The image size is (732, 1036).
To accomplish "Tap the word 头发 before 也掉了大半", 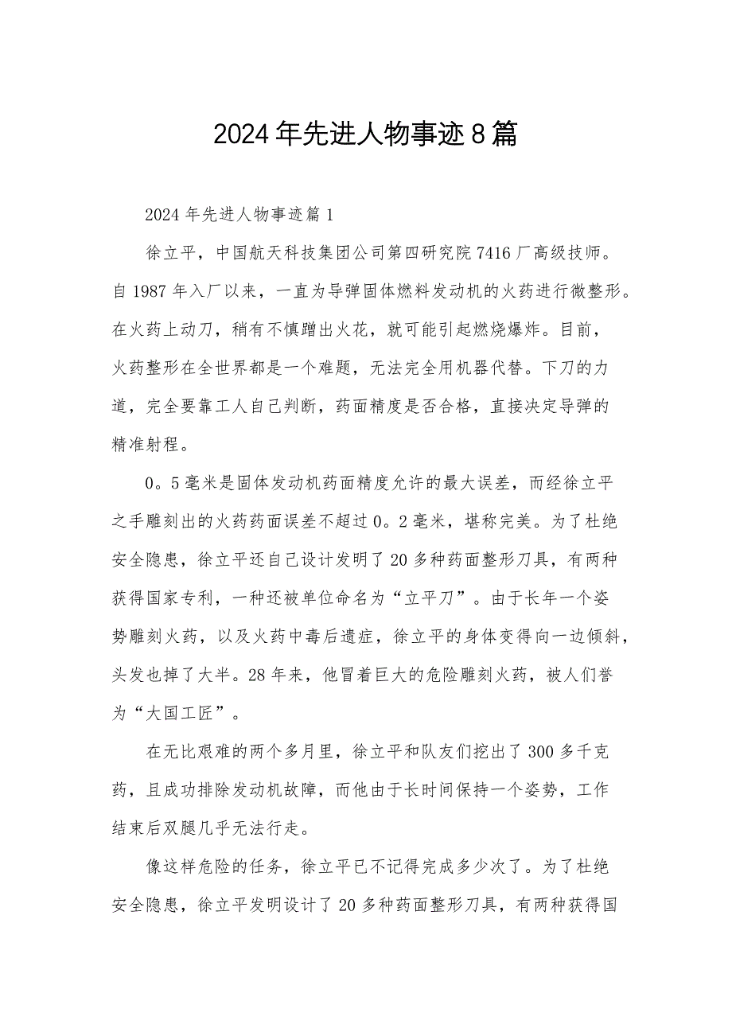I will (130, 675).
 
